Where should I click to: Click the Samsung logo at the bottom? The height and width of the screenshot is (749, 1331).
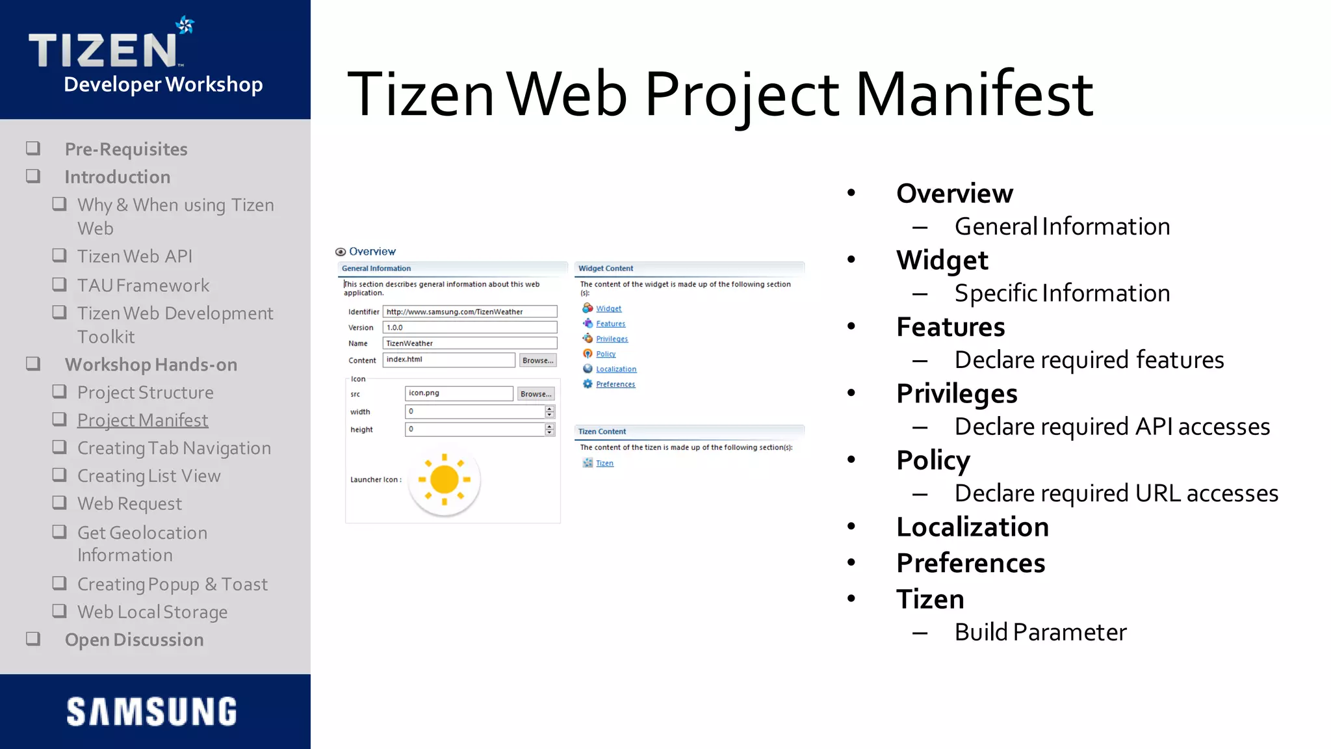(151, 711)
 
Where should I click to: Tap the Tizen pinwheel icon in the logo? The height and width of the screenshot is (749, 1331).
(185, 25)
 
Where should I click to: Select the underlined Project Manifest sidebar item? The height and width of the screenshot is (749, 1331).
(142, 420)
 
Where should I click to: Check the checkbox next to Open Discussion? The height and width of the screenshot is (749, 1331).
(33, 639)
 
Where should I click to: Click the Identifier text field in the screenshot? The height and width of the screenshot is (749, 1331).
(469, 311)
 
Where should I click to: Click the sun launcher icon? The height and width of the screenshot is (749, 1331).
(445, 480)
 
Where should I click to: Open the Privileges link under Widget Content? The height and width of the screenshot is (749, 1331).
(612, 339)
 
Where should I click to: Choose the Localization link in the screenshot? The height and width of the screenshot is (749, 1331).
(616, 369)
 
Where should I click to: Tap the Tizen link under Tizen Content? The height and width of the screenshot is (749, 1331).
(604, 463)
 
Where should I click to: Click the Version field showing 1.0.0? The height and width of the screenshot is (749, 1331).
(469, 328)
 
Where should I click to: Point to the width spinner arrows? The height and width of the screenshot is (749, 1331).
(550, 412)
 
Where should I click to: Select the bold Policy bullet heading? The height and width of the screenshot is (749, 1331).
(933, 460)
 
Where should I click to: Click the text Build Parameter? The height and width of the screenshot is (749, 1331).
(1040, 632)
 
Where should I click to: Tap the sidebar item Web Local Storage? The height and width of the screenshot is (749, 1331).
(152, 612)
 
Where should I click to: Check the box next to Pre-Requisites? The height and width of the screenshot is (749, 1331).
(33, 149)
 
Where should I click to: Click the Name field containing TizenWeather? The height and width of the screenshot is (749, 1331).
(469, 343)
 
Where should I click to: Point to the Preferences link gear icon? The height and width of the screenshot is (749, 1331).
(588, 384)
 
